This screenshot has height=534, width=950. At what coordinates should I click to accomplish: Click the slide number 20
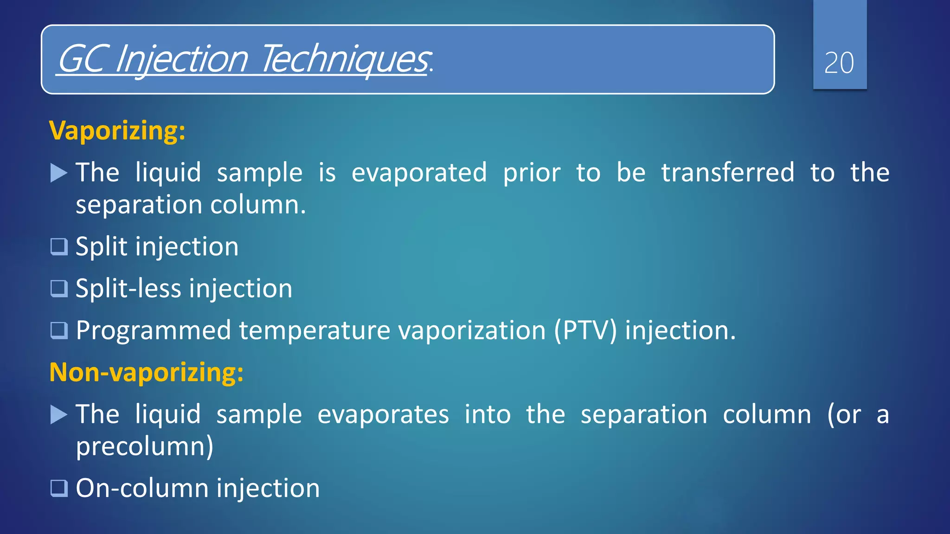(x=839, y=63)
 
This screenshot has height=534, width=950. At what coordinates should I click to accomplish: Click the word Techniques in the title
(x=345, y=59)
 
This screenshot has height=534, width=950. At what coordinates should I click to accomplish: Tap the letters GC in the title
(x=80, y=59)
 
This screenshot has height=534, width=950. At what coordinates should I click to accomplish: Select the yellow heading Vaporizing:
(x=117, y=131)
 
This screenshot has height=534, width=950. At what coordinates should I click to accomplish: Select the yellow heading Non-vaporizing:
(x=146, y=372)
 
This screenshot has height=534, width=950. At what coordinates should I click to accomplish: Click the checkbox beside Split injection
(x=59, y=247)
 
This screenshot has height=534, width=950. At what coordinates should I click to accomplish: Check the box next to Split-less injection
(x=59, y=288)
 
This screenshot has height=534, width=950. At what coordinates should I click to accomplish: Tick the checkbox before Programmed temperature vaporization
(x=59, y=331)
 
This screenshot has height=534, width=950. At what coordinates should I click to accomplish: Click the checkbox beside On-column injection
(x=59, y=488)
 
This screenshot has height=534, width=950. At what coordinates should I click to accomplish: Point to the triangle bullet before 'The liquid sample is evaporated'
(x=59, y=173)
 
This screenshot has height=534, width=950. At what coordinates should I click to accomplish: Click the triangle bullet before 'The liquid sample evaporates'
(x=59, y=414)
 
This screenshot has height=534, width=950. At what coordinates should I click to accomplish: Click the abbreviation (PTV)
(x=585, y=331)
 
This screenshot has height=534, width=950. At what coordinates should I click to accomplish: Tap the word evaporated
(x=419, y=173)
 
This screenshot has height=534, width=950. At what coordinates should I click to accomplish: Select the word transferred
(x=727, y=173)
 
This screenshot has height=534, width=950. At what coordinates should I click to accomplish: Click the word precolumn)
(x=144, y=447)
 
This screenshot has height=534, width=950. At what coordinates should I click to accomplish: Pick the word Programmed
(x=153, y=331)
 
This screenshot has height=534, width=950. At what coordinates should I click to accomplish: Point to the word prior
(x=532, y=173)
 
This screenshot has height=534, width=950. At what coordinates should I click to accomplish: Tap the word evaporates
(x=383, y=414)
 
